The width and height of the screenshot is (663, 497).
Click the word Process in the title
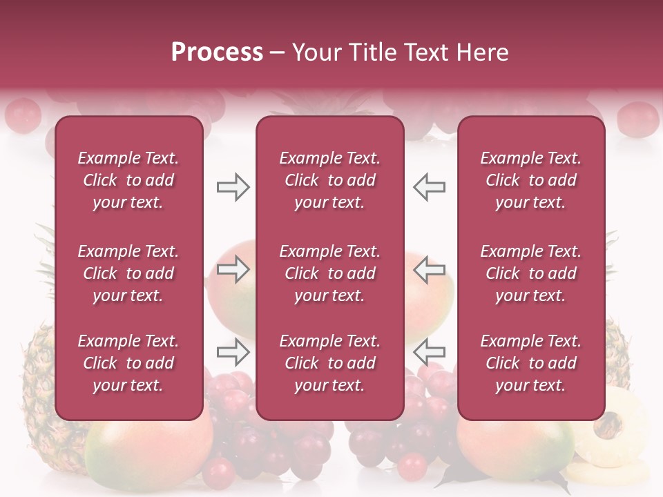pyautogui.click(x=217, y=52)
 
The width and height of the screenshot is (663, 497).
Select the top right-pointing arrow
pyautogui.click(x=233, y=187)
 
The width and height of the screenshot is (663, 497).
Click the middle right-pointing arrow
pyautogui.click(x=233, y=271)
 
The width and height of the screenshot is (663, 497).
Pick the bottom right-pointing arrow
pyautogui.click(x=233, y=352)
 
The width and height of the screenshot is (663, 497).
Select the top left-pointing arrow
pyautogui.click(x=429, y=187)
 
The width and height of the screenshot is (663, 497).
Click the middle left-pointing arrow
pyautogui.click(x=429, y=271)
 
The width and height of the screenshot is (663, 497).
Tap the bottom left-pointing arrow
pyautogui.click(x=429, y=352)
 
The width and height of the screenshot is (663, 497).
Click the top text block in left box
pyautogui.click(x=128, y=180)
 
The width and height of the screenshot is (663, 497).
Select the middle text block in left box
pyautogui.click(x=128, y=273)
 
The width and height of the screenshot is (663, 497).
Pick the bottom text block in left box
pyautogui.click(x=128, y=363)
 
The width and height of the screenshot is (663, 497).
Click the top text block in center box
pyautogui.click(x=329, y=180)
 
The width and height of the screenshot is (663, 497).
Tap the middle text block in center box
pyautogui.click(x=329, y=273)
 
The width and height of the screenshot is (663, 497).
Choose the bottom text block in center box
pyautogui.click(x=329, y=363)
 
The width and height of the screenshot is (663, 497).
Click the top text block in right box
pyautogui.click(x=530, y=180)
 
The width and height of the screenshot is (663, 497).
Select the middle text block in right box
pyautogui.click(x=530, y=273)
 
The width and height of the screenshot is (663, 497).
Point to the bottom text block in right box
pyautogui.click(x=530, y=363)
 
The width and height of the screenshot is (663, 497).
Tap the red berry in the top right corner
pyautogui.click(x=637, y=119)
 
